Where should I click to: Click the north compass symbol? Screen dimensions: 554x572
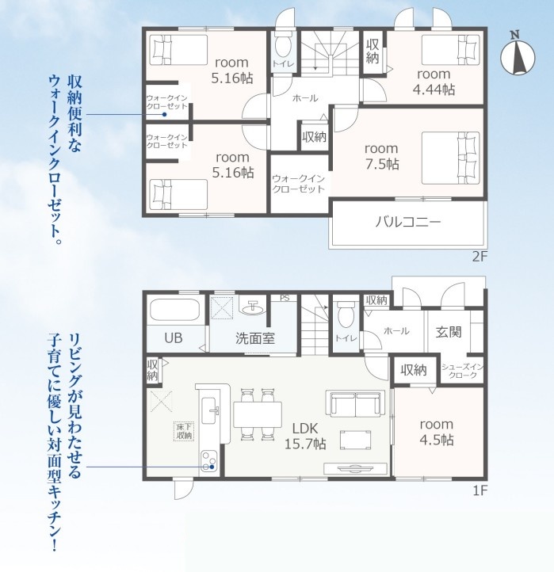pyautogui.click(x=518, y=55)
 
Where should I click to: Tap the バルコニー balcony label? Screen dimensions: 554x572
pyautogui.click(x=408, y=222)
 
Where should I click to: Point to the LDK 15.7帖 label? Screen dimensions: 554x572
pyautogui.click(x=305, y=436)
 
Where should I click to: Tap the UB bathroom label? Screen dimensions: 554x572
pyautogui.click(x=174, y=337)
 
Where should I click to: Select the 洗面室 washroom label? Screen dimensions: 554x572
pyautogui.click(x=254, y=338)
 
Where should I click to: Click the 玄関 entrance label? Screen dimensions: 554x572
pyautogui.click(x=449, y=332)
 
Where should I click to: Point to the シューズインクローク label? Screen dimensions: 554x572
pyautogui.click(x=462, y=371)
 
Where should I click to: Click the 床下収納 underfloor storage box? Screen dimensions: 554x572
pyautogui.click(x=185, y=431)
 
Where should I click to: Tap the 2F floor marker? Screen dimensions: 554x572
pyautogui.click(x=479, y=257)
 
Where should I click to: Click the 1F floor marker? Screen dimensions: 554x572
pyautogui.click(x=480, y=490)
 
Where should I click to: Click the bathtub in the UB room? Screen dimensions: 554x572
pyautogui.click(x=174, y=310)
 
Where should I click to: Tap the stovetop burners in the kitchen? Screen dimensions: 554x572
pyautogui.click(x=208, y=461)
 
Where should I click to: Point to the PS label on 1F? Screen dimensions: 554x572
pyautogui.click(x=285, y=298)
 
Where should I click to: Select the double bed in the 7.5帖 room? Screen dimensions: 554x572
pyautogui.click(x=450, y=158)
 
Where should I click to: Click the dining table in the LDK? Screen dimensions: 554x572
pyautogui.click(x=258, y=414)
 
